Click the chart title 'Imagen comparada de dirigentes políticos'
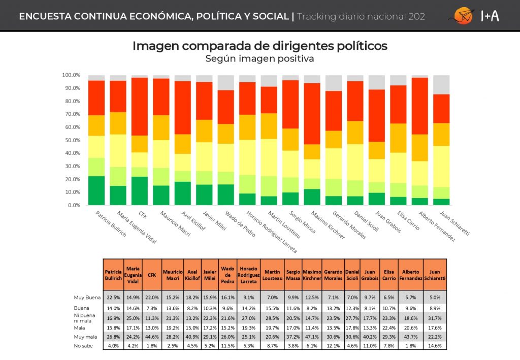coord(259,46)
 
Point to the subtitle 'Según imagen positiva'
coord(259,59)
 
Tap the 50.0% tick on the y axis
coord(71,140)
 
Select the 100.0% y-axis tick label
coord(71,75)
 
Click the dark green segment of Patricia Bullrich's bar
coord(96,190)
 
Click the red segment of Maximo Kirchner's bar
coord(312,114)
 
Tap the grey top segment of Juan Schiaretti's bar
coord(441,85)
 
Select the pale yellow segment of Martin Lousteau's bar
coord(269,157)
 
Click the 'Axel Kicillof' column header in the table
coord(191,275)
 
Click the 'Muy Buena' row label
coord(87,298)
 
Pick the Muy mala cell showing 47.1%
coord(312,336)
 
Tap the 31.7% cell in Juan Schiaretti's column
coord(435,317)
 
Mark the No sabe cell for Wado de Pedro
coord(227,346)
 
